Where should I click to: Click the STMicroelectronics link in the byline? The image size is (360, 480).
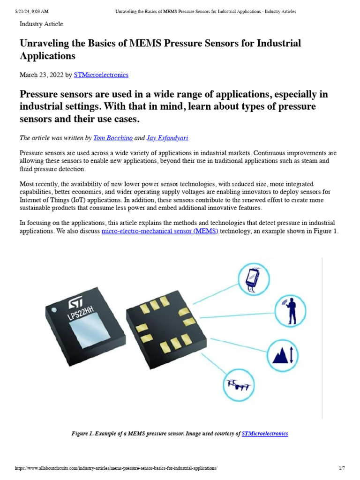pyautogui.click(x=101, y=75)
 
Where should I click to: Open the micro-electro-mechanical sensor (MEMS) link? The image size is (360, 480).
pyautogui.click(x=160, y=232)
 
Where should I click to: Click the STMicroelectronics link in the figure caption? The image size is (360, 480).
pyautogui.click(x=265, y=434)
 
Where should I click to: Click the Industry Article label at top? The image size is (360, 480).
pyautogui.click(x=41, y=24)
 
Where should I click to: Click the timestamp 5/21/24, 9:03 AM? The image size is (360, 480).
pyautogui.click(x=32, y=11)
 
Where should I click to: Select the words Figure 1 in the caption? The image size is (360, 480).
pyautogui.click(x=82, y=434)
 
